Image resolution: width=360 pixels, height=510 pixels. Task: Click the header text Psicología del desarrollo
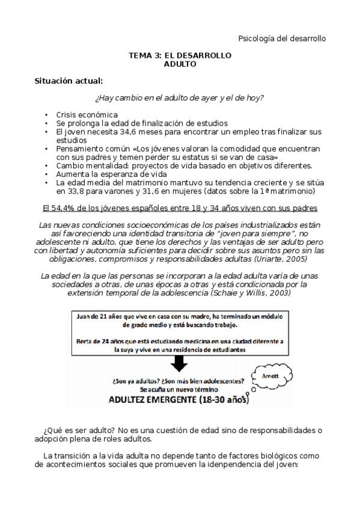click(282, 38)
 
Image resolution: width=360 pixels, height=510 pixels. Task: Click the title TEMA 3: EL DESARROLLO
click(180, 54)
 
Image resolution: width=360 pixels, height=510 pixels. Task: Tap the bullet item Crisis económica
click(87, 114)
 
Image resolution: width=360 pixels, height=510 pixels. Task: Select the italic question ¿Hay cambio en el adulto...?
click(180, 97)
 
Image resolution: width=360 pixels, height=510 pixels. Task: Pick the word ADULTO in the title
click(180, 63)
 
